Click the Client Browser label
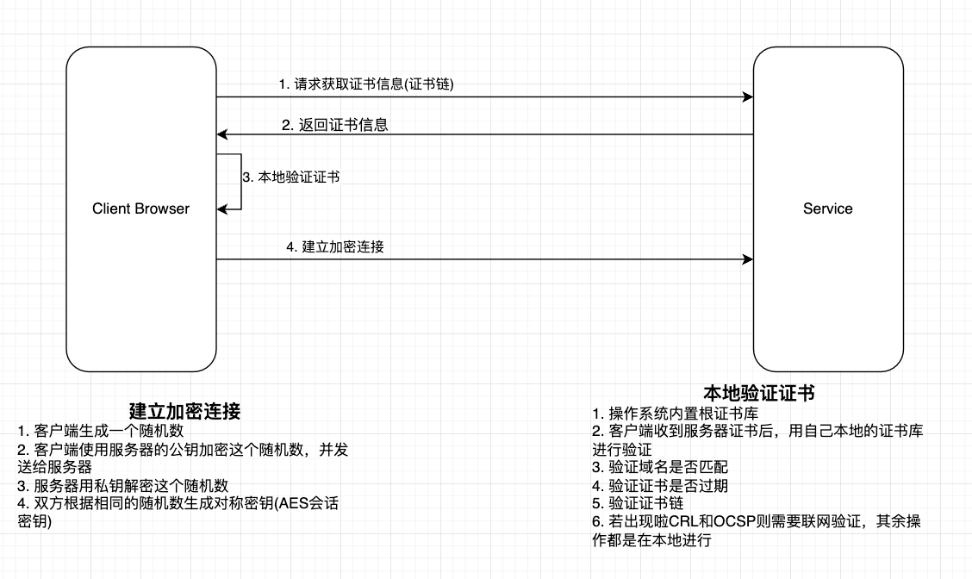tap(140, 209)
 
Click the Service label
tap(827, 209)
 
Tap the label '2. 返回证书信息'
tap(334, 125)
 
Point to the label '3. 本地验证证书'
tap(290, 177)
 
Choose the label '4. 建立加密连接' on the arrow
tap(334, 247)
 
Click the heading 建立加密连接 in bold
tap(184, 411)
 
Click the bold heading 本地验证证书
tap(758, 394)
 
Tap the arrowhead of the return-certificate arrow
tap(221, 134)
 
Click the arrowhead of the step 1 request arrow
tap(748, 97)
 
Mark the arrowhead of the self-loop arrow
tap(221, 209)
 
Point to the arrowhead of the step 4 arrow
tap(748, 258)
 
